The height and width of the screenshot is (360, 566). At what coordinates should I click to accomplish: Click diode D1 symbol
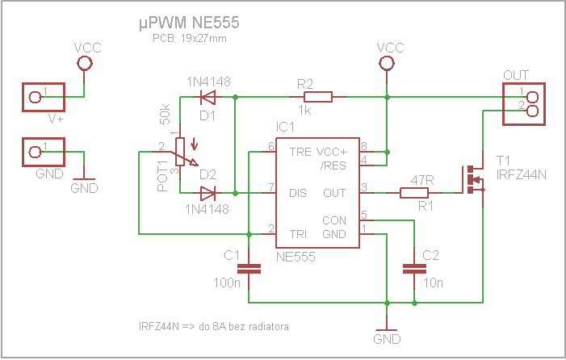(208, 98)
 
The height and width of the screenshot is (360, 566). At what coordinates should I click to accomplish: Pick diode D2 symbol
(208, 194)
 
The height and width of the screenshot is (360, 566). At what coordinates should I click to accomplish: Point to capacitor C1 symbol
(249, 269)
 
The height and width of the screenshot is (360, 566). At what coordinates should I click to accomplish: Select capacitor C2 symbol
(414, 269)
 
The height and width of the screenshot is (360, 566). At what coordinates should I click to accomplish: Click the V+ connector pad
(36, 98)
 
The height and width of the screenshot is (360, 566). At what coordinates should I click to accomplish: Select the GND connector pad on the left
(36, 151)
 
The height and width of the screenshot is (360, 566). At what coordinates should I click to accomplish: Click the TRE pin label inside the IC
(300, 151)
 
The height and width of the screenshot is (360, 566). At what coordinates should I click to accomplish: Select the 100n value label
(228, 283)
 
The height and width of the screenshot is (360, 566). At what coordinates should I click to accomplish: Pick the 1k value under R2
(304, 111)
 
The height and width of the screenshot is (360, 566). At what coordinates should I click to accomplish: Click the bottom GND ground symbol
(388, 331)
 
